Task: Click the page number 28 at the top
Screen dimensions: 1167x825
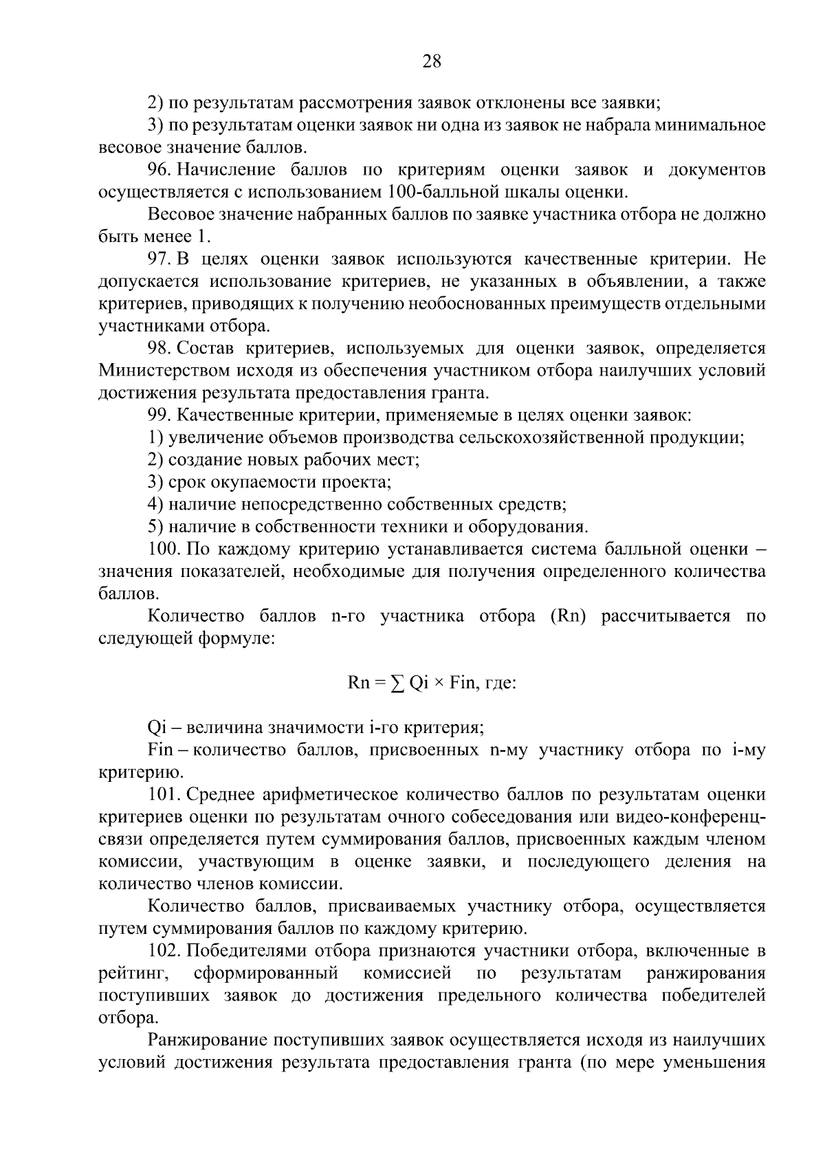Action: [431, 62]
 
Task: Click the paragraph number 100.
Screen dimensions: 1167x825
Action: [164, 549]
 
